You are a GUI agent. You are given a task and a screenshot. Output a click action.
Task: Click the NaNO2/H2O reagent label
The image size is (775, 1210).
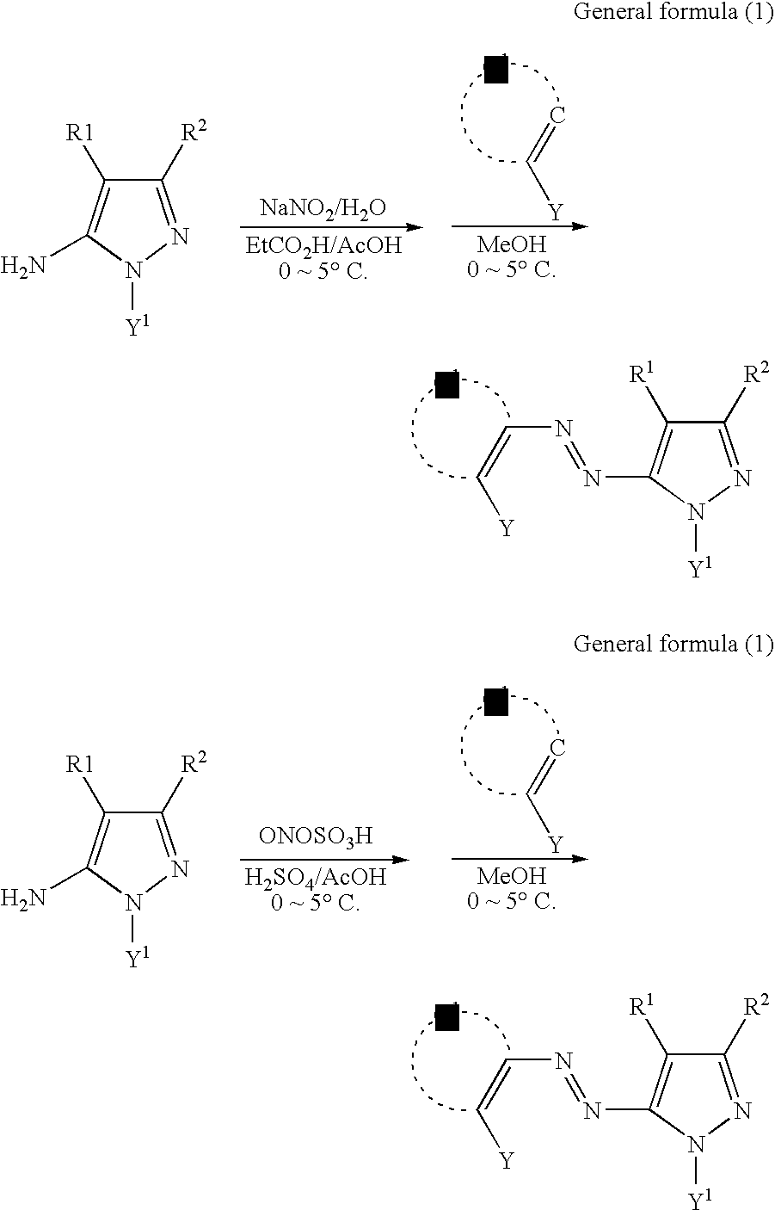323,208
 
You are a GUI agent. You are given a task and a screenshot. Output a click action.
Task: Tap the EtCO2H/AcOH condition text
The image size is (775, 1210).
323,248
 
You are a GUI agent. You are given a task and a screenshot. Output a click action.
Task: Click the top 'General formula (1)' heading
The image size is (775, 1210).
673,15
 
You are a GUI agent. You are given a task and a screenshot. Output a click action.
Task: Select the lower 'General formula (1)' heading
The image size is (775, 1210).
673,644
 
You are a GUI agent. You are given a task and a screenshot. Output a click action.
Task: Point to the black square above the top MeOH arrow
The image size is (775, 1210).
496,71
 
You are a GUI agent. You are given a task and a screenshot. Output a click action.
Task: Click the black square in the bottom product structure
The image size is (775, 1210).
447,1017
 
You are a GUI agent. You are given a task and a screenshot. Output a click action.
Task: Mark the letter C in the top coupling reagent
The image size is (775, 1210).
557,115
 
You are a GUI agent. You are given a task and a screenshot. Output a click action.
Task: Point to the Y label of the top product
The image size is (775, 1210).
507,528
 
